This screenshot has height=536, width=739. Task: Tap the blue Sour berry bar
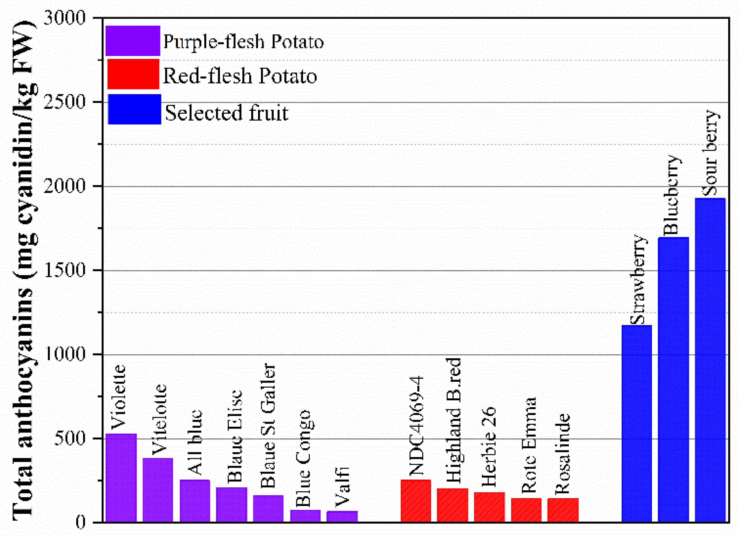(710, 360)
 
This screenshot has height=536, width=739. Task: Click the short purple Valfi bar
(342, 516)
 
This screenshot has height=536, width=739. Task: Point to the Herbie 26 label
(489, 447)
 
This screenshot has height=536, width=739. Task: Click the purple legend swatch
(133, 41)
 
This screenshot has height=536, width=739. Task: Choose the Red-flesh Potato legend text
(239, 76)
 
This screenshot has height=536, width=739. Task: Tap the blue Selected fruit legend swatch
(134, 109)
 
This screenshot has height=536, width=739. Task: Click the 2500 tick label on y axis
(64, 102)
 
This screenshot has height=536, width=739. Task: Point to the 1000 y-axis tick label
(64, 354)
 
